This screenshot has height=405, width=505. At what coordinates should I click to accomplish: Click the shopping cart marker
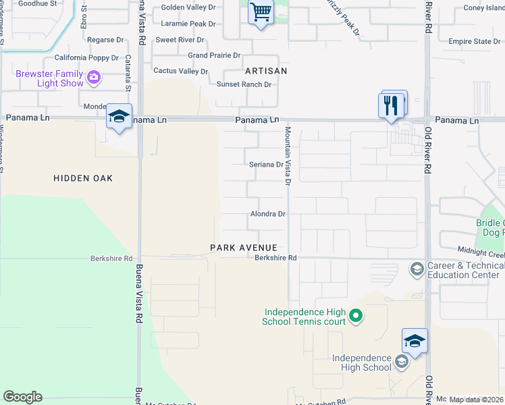(x=259, y=13)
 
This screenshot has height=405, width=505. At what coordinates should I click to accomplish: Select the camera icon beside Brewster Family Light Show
(x=93, y=78)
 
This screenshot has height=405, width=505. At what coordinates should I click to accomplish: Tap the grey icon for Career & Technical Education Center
(x=417, y=269)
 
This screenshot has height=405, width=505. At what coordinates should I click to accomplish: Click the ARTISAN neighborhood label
(x=266, y=71)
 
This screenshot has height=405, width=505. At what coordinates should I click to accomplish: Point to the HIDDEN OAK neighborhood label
(x=83, y=178)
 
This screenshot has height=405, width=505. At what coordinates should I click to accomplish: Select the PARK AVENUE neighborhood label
(x=244, y=248)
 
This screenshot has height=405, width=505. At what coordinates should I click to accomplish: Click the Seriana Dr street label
(x=265, y=165)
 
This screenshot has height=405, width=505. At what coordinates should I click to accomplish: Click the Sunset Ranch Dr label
(x=243, y=84)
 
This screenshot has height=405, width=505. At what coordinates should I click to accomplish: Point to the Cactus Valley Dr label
(x=181, y=71)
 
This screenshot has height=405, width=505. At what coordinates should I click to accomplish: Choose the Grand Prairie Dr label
(x=214, y=55)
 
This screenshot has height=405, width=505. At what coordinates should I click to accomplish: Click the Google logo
(x=22, y=397)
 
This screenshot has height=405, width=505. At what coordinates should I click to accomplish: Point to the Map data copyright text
(x=477, y=400)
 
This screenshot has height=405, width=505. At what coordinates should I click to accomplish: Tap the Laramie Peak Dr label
(x=188, y=24)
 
